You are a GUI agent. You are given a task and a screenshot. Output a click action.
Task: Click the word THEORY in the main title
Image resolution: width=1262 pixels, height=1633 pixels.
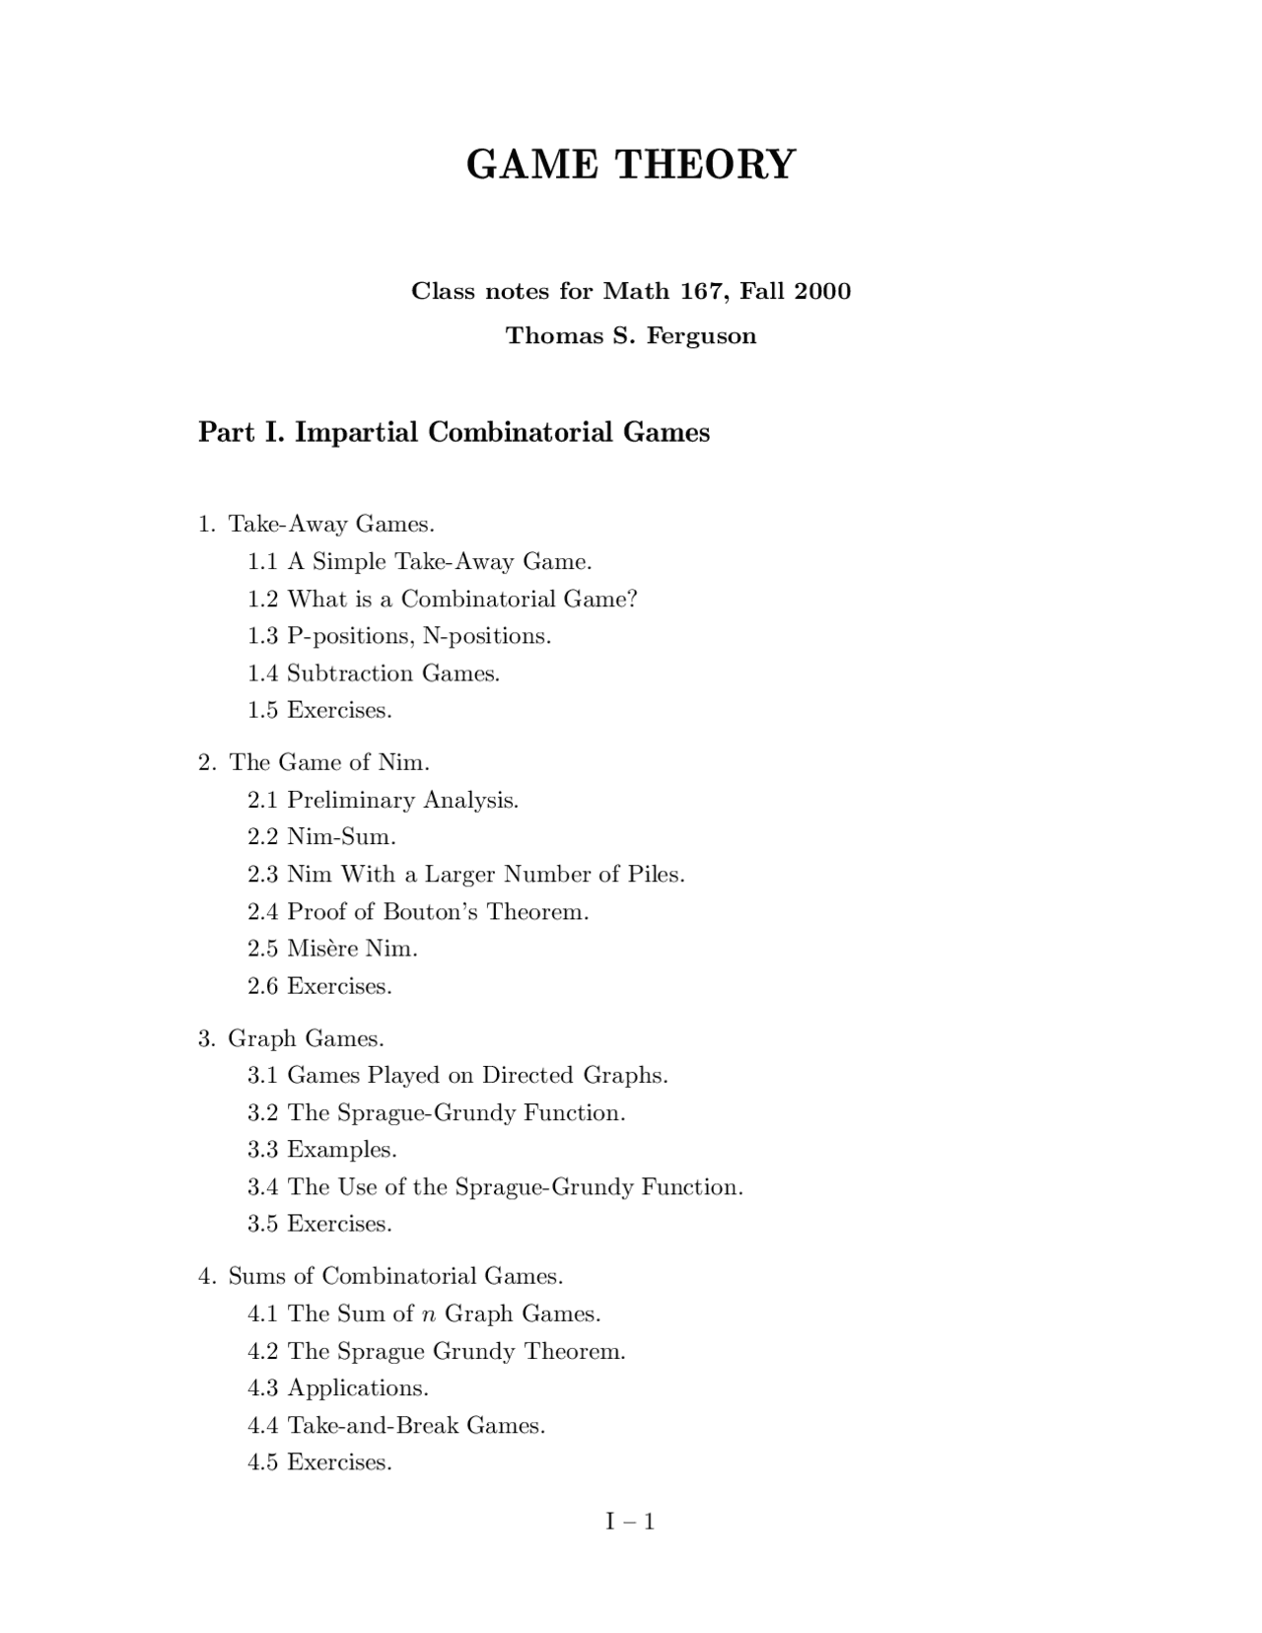coord(705,164)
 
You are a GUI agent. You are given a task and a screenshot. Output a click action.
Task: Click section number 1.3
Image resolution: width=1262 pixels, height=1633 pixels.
coord(263,636)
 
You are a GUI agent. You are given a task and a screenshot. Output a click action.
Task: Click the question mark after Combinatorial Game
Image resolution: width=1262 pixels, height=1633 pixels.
coord(632,599)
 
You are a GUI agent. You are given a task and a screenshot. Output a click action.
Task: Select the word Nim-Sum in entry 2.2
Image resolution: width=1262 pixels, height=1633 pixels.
coord(340,837)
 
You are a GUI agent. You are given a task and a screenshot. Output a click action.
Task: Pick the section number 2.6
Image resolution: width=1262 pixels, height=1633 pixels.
coord(263,986)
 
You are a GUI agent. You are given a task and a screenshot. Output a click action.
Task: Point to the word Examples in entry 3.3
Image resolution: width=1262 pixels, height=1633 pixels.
coord(340,1150)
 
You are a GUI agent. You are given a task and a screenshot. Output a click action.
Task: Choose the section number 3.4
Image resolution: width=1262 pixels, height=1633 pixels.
coord(263,1187)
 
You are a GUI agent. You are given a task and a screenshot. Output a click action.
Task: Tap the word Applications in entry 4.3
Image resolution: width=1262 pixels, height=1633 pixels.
coord(356,1388)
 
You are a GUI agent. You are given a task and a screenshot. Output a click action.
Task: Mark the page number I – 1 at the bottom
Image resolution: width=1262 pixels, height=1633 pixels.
coord(631,1522)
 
